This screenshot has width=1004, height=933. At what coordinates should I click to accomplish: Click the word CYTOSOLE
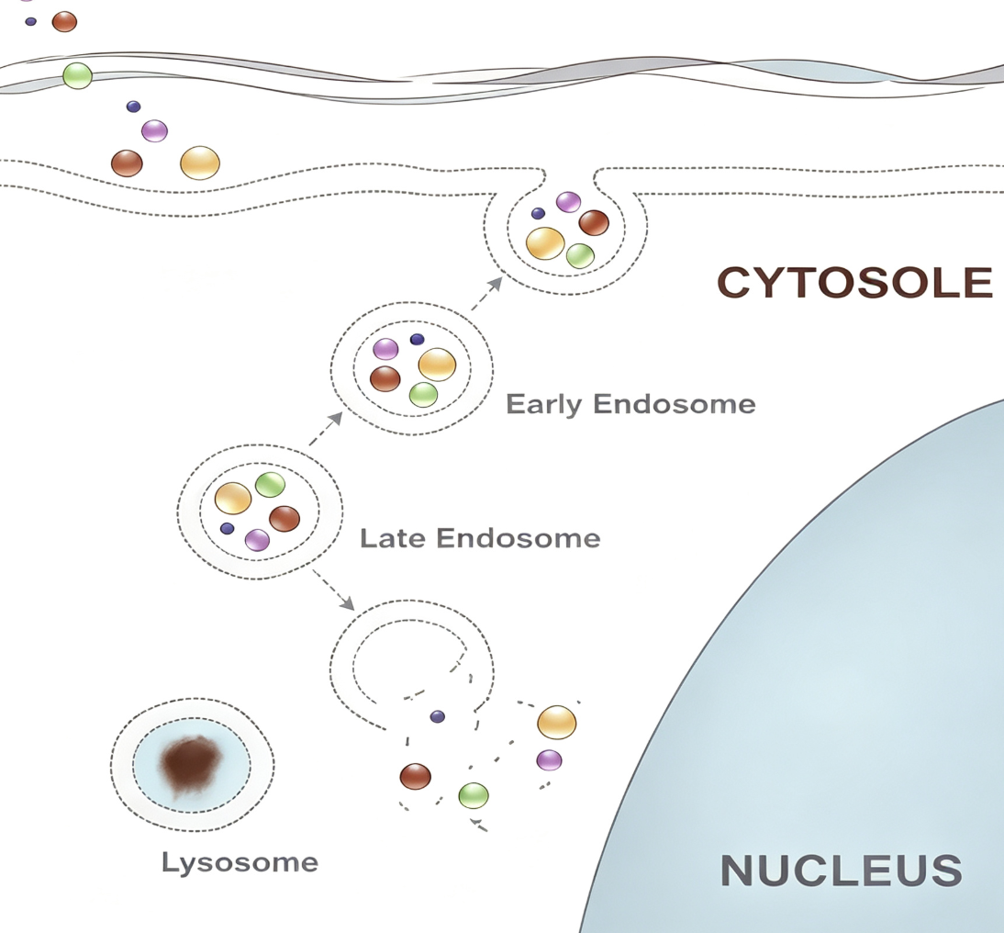[x=854, y=283]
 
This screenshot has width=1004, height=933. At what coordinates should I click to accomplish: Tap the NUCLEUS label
[x=842, y=871]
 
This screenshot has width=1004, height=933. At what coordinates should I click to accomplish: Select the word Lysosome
[x=240, y=863]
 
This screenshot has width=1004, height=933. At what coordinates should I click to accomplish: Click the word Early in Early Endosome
[x=543, y=405]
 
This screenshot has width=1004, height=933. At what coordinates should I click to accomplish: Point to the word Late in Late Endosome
[x=392, y=537]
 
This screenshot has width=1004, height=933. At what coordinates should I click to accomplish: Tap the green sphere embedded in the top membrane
[x=77, y=75]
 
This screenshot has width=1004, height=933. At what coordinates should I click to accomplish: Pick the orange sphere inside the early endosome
[x=437, y=365]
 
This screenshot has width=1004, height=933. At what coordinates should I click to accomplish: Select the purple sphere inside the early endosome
[x=385, y=349]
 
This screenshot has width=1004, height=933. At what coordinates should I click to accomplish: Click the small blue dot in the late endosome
[x=228, y=529]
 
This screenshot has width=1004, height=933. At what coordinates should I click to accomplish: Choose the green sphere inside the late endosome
[x=270, y=485]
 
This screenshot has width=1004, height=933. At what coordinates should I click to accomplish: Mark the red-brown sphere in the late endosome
[x=284, y=519]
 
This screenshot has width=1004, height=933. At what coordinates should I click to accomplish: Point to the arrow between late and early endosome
[x=326, y=429]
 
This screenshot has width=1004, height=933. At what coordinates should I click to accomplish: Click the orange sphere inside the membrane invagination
[x=545, y=243]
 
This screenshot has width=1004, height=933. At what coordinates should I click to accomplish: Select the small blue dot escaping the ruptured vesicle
[x=438, y=716]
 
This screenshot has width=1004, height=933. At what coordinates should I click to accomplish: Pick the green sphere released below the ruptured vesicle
[x=474, y=796]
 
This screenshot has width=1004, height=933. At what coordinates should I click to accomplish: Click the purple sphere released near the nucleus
[x=550, y=760]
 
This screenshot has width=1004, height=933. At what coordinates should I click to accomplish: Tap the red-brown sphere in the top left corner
[x=64, y=22]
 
